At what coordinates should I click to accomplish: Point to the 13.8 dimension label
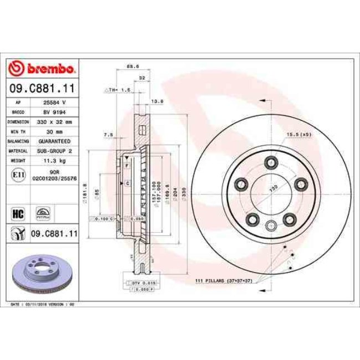pos(157,101)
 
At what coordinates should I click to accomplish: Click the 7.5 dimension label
pos(109,135)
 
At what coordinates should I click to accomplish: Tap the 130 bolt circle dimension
pos(272,188)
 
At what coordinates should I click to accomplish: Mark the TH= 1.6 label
pos(117,89)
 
